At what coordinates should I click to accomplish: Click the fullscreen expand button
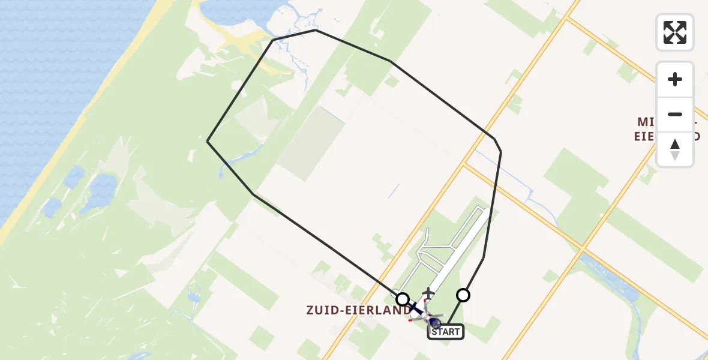point(674,32)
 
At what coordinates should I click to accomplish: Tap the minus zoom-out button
point(674,114)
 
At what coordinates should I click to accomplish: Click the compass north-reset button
point(674,149)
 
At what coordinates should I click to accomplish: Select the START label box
point(445,332)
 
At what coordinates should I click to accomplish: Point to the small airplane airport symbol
point(428,293)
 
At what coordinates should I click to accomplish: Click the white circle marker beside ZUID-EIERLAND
point(403,299)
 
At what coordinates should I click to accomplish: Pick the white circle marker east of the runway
point(463,295)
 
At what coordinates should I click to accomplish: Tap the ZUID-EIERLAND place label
point(358,310)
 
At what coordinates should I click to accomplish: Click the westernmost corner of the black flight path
point(208,141)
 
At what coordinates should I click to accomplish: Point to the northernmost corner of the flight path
point(316,30)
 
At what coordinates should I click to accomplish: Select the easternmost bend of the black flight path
point(501,151)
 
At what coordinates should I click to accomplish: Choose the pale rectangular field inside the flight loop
point(306,144)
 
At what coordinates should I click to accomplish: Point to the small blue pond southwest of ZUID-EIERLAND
point(193,294)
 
